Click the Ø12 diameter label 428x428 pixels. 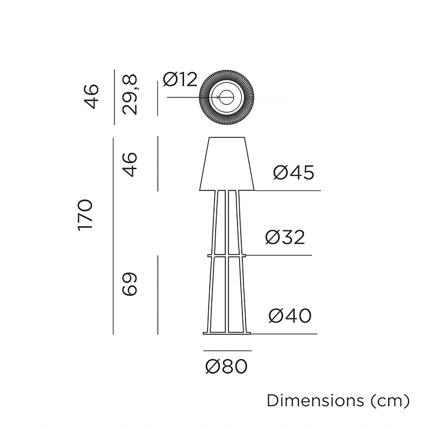click(180, 79)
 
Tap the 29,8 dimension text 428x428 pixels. click(130, 95)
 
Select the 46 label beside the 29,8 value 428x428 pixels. click(92, 96)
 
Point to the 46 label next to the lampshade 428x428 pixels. click(130, 165)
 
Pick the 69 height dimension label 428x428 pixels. click(130, 285)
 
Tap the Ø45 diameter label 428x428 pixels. click(293, 172)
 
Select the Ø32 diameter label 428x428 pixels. click(285, 237)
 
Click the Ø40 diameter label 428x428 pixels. click(290, 316)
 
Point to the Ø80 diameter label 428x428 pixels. click(227, 367)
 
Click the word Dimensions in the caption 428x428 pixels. click(316, 400)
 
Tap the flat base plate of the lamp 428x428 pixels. click(227, 333)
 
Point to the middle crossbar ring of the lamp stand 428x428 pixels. click(227, 255)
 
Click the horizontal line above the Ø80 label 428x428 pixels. click(227, 351)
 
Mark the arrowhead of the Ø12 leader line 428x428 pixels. click(218, 97)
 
